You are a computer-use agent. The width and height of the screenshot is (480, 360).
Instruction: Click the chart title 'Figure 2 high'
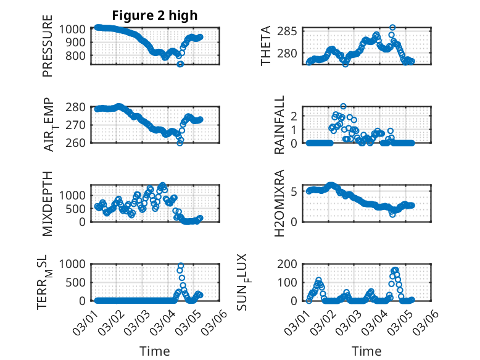pyautogui.click(x=155, y=15)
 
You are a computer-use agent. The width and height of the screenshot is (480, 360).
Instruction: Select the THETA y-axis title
pyautogui.click(x=266, y=46)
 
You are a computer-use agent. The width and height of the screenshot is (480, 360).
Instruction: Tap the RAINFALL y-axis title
pyautogui.click(x=279, y=125)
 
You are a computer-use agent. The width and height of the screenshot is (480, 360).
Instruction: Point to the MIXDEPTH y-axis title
pyautogui.click(x=48, y=203)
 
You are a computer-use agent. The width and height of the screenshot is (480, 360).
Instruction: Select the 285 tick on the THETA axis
pyautogui.click(x=291, y=31)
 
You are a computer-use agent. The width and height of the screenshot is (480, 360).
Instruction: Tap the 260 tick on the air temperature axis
pyautogui.click(x=78, y=143)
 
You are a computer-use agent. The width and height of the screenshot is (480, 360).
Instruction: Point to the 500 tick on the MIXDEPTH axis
pyautogui.click(x=78, y=208)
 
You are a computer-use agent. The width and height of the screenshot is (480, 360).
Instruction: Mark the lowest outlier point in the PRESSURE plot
pyautogui.click(x=180, y=64)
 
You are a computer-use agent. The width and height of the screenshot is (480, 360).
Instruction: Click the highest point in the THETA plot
pyautogui.click(x=392, y=28)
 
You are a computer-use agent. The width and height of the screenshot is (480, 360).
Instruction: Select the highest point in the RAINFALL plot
pyautogui.click(x=343, y=106)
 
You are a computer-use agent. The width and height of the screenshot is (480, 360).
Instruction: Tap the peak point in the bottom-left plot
pyautogui.click(x=181, y=266)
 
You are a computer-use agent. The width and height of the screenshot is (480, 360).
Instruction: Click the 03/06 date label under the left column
pyautogui.click(x=213, y=321)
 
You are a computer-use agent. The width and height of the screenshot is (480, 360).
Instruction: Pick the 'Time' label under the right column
pyautogui.click(x=366, y=351)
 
